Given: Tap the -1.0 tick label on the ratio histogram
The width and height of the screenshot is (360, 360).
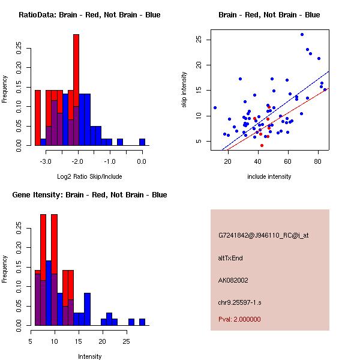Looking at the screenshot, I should [x=110, y=161].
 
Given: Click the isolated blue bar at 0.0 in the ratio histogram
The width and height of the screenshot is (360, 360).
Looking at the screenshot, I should [x=142, y=142].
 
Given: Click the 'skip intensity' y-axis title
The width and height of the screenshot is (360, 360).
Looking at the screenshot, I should [x=184, y=90].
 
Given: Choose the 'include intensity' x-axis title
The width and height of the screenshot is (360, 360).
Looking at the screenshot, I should [x=269, y=176].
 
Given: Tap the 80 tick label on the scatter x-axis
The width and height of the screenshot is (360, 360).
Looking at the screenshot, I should [x=317, y=161].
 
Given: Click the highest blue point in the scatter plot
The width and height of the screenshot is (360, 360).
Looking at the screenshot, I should [x=302, y=34].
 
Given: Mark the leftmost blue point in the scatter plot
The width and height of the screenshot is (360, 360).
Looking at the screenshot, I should [x=215, y=107].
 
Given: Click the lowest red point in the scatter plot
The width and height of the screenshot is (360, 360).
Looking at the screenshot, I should [x=262, y=145].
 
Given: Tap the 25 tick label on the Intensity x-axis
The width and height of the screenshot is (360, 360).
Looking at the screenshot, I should [x=126, y=341].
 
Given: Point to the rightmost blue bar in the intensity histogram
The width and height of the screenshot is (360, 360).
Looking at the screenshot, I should [x=142, y=322].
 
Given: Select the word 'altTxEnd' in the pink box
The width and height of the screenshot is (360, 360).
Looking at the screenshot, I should [x=230, y=258].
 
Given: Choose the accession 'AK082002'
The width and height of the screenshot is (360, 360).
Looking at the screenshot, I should [x=233, y=280].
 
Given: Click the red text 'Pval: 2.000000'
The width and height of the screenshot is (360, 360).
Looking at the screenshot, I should [x=239, y=319].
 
